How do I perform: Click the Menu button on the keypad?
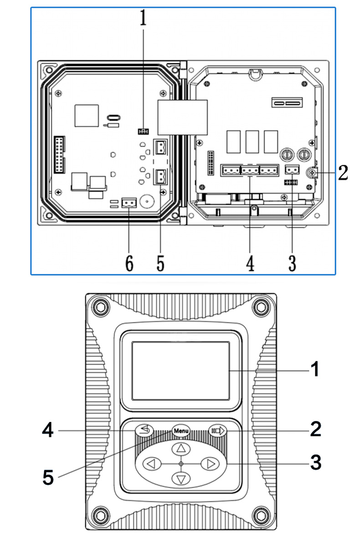pos(181,431)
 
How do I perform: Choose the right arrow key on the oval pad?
pos(210,464)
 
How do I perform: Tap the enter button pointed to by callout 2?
pos(217,430)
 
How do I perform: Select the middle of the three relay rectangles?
pos(252,142)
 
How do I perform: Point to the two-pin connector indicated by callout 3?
pos(291,170)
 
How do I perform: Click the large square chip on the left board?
pos(87,115)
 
